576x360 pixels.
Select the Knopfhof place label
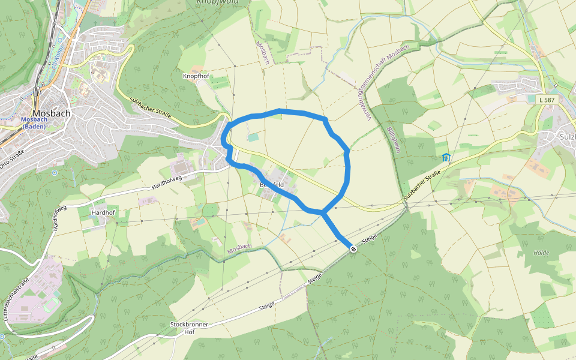pos(195,76)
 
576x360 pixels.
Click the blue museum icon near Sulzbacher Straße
pos(446,158)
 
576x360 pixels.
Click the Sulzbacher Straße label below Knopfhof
pos(150,108)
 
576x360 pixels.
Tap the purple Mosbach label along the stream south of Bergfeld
pos(239,248)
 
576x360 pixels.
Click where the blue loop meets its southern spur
pos(323,212)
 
